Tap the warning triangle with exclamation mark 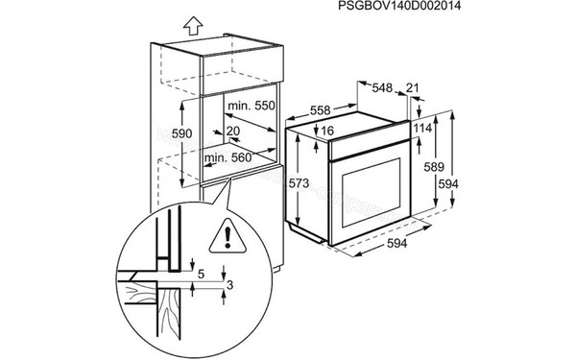point(228,233)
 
